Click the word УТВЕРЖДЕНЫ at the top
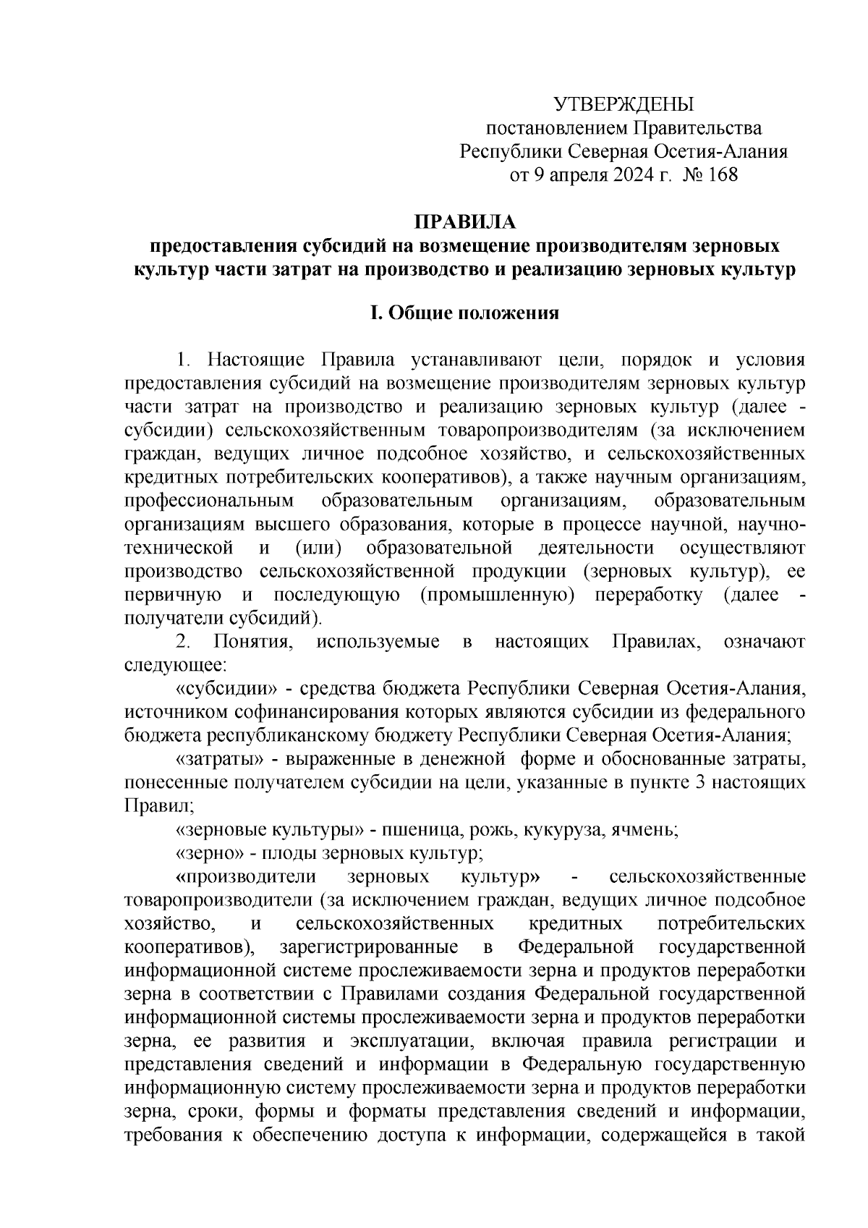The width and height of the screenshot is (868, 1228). tap(624, 105)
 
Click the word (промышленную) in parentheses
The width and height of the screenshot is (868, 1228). tap(497, 596)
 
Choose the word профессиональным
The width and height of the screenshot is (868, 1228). tap(209, 501)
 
